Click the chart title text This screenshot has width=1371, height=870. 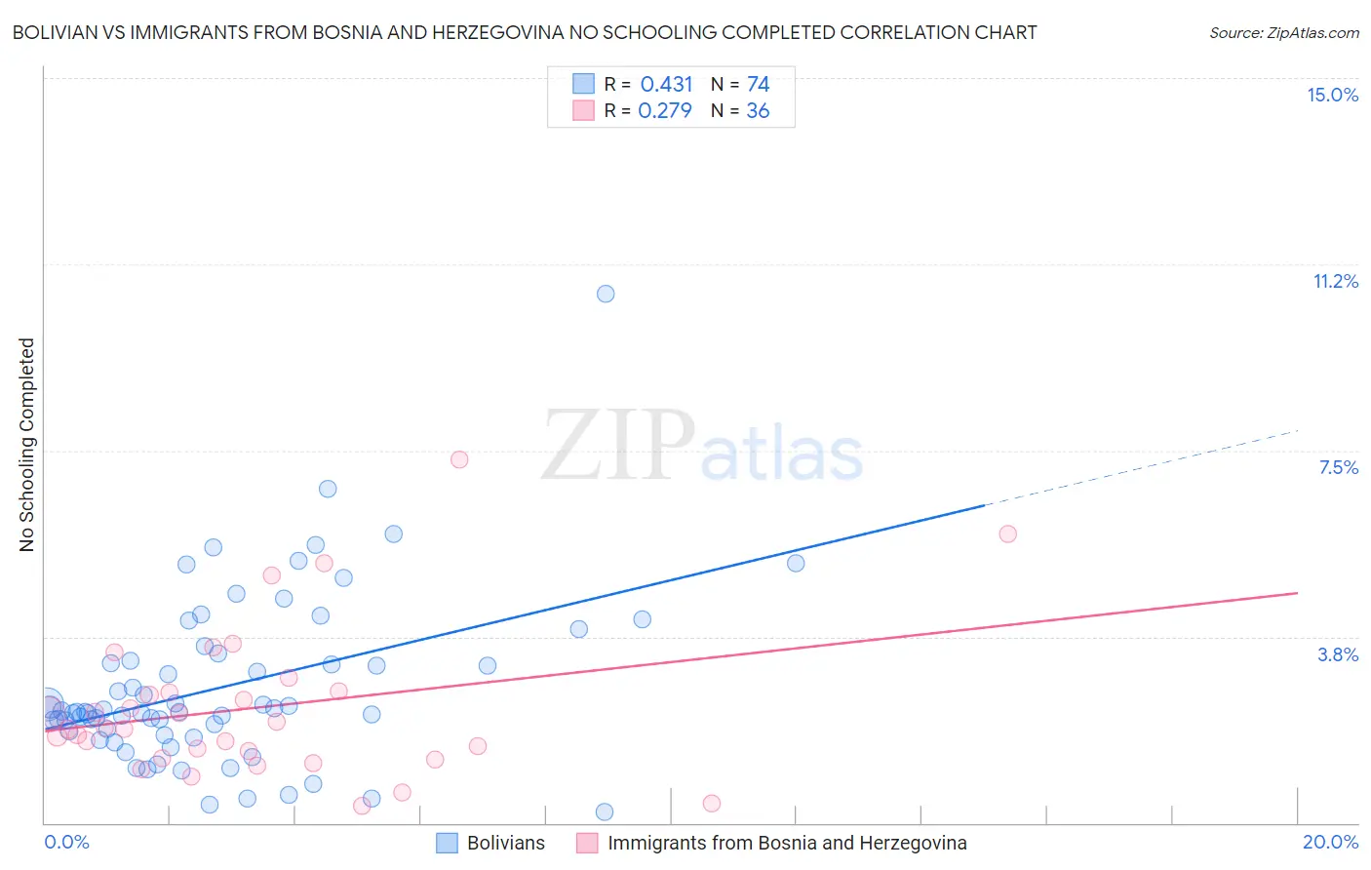click(524, 32)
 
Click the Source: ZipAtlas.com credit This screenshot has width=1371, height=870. click(1283, 32)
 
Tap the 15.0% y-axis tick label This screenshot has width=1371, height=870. click(1332, 95)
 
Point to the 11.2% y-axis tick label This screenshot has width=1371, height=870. click(1335, 281)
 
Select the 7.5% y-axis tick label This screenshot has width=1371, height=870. click(1338, 467)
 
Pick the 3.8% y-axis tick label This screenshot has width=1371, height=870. click(1338, 654)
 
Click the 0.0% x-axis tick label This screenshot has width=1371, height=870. click(67, 842)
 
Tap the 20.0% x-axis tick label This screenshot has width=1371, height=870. click(1330, 842)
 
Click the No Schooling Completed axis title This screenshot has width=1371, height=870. click(26, 445)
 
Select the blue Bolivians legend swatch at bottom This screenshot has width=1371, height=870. click(447, 843)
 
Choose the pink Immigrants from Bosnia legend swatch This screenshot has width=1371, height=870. click(587, 843)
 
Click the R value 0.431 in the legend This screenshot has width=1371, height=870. click(666, 85)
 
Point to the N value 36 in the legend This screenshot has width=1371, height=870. click(758, 111)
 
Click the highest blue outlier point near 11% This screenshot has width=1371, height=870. click(606, 294)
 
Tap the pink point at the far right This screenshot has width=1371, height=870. click(1008, 534)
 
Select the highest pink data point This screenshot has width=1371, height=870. click(459, 459)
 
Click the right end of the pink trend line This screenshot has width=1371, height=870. click(1296, 593)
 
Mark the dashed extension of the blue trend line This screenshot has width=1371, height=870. click(1141, 467)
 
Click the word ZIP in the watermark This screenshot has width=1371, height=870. click(618, 446)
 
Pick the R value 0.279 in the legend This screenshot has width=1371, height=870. click(665, 111)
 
